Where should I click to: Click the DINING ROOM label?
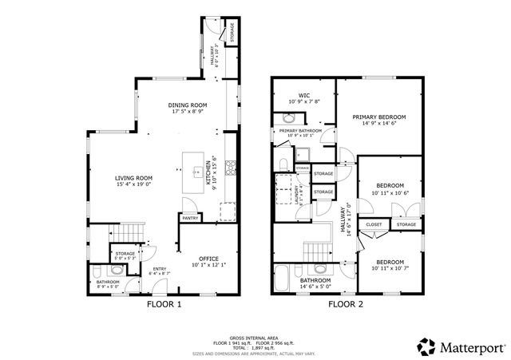pyautogui.click(x=188, y=105)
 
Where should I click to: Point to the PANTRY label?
pyautogui.click(x=190, y=218)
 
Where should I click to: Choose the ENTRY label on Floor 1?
pyautogui.click(x=159, y=269)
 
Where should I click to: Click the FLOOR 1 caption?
pyautogui.click(x=164, y=304)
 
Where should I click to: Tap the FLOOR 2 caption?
pyautogui.click(x=346, y=304)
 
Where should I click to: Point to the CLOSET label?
pyautogui.click(x=374, y=225)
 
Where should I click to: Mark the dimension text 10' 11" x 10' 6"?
pyautogui.click(x=390, y=192)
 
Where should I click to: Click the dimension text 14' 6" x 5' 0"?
pyautogui.click(x=315, y=287)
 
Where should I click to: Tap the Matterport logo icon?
pyautogui.click(x=426, y=346)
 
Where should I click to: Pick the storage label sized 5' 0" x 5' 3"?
pyautogui.click(x=124, y=255)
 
